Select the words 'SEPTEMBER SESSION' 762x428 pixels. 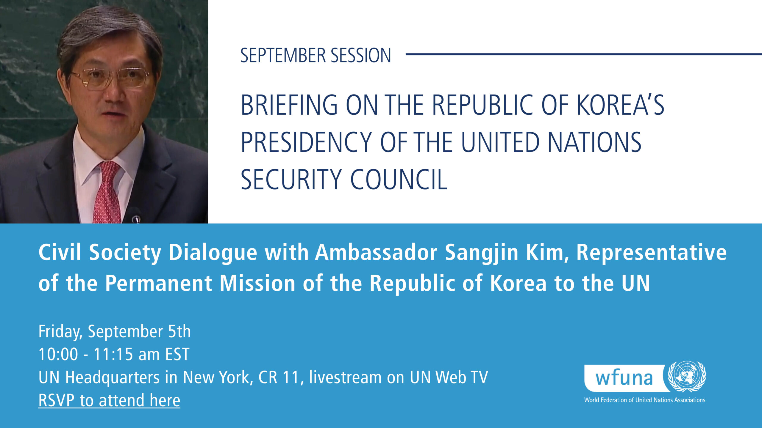pos(316,55)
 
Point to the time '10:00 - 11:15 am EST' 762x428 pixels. pos(114,354)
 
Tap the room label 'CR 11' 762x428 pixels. pos(278,377)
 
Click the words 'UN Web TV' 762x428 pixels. pos(449,377)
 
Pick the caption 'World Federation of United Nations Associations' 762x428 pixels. pos(645,400)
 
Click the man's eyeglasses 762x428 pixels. pos(110,78)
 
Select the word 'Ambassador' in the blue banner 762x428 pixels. pos(376,252)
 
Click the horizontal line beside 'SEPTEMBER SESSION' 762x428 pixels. pos(584,54)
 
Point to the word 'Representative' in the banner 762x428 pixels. pos(652,253)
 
